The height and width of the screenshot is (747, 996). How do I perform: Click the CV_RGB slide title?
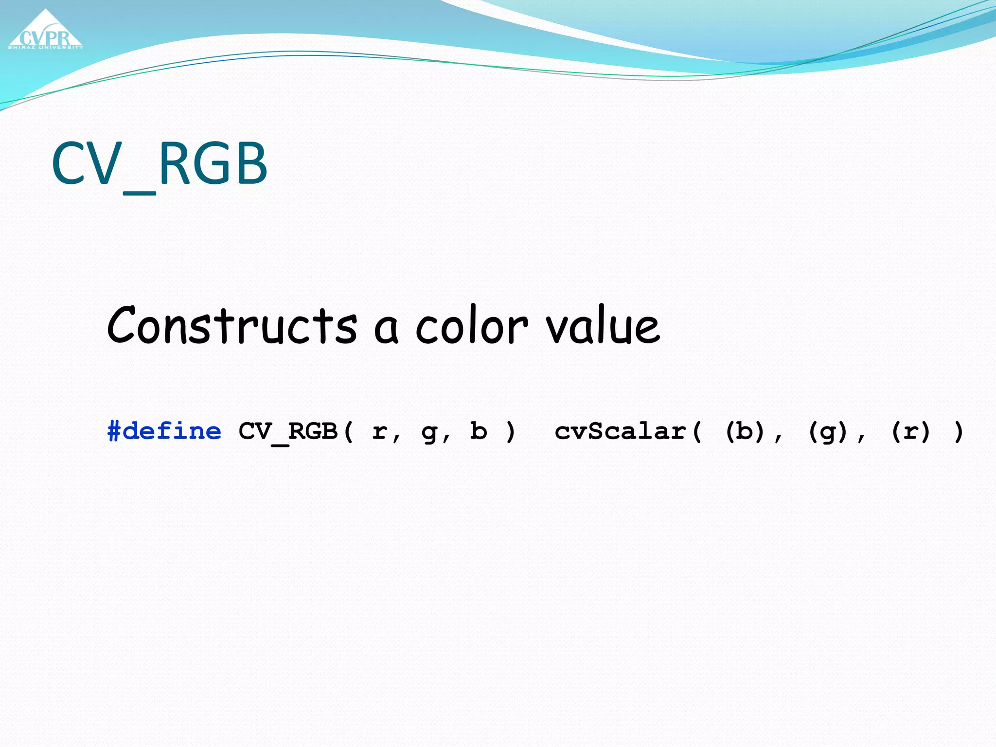click(159, 164)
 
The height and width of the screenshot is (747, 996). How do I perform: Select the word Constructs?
click(232, 325)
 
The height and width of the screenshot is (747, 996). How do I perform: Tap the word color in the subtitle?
click(471, 326)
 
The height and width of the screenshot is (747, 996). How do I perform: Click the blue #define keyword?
click(164, 431)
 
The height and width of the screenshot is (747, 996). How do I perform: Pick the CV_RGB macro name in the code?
click(288, 431)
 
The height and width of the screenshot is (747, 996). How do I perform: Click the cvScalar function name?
click(621, 431)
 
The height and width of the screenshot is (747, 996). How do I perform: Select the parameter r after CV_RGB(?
click(380, 431)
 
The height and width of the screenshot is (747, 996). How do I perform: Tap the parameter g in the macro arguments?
click(429, 432)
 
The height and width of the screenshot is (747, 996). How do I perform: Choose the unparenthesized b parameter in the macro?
click(479, 431)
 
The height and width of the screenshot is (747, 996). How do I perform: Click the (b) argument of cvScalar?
click(745, 431)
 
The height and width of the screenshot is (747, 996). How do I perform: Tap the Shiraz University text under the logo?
click(45, 47)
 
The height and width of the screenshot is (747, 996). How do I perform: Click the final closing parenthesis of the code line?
click(958, 431)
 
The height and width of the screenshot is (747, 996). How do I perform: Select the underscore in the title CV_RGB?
click(140, 193)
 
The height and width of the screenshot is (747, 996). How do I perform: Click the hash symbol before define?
click(114, 431)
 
